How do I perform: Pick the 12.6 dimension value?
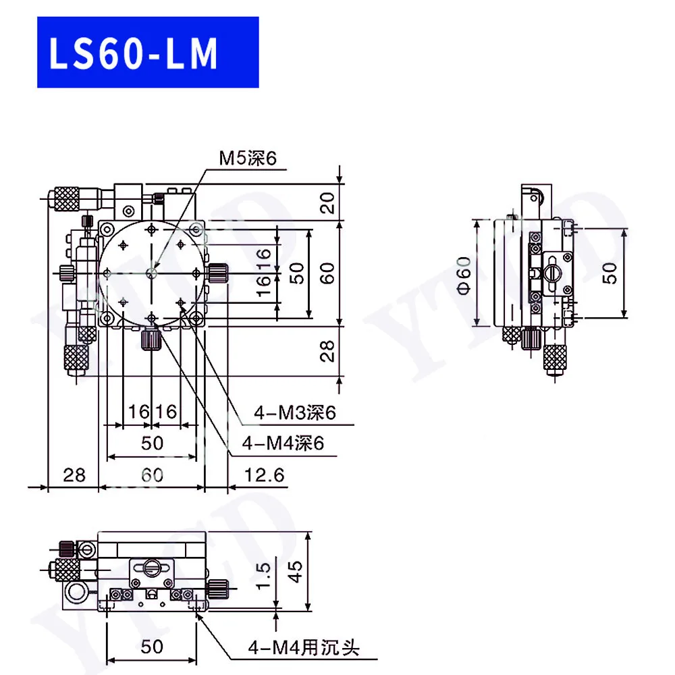263,475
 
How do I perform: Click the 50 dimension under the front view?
153,646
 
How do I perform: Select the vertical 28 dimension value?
328,351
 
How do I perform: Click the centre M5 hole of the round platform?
152,273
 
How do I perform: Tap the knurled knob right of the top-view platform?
217,273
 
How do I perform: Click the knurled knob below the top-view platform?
150,339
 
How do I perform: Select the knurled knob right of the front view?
217,588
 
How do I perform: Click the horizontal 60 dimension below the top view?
153,475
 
